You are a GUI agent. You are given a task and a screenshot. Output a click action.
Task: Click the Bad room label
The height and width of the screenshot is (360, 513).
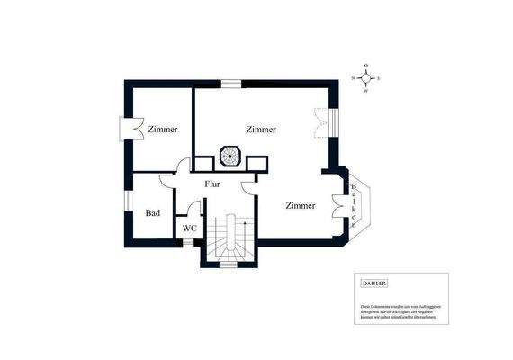153,213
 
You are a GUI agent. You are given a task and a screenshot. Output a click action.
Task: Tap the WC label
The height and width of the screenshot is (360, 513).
189,229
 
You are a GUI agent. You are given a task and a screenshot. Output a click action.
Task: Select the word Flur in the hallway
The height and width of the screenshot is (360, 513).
212,184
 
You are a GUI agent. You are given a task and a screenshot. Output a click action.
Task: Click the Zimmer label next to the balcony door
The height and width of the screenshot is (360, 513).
301,206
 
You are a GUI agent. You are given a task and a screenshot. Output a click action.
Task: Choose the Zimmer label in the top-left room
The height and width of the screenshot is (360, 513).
163,130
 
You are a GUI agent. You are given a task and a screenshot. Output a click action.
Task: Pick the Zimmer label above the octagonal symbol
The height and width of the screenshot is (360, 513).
261,130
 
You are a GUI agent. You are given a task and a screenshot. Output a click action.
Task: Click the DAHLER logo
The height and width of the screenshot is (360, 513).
373,283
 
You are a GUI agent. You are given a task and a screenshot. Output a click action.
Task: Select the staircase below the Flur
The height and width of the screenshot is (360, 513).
230,238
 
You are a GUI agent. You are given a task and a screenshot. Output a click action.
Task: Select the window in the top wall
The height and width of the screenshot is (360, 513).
231,84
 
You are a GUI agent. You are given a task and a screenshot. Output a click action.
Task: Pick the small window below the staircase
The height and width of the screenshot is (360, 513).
229,265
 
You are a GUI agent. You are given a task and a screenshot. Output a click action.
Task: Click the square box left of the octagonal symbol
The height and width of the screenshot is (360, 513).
202,162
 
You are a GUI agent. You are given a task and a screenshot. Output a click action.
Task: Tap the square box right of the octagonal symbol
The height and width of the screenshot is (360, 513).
258,162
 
